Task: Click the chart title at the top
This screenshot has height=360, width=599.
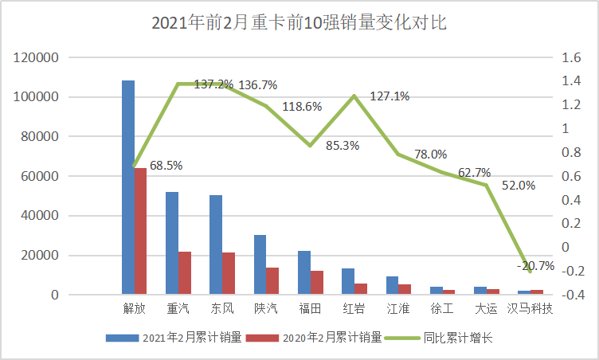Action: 299,23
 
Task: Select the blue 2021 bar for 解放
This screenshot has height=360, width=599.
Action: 127,187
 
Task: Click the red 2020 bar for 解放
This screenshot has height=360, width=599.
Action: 140,231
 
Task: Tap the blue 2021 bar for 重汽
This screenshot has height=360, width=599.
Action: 171,243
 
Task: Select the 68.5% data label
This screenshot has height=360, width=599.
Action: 166,166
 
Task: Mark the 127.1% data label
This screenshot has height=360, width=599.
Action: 390,96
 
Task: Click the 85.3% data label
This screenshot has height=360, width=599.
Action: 343,145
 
